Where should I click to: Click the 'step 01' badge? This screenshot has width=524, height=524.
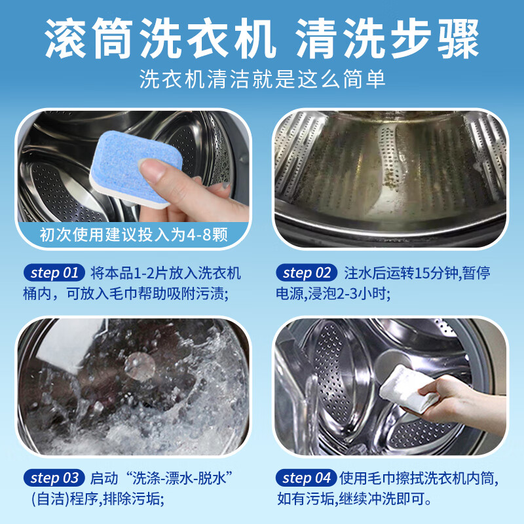pyautogui.click(x=54, y=273)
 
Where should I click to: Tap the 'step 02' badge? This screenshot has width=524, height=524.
pyautogui.click(x=307, y=273)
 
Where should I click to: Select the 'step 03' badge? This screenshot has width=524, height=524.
pyautogui.click(x=54, y=478)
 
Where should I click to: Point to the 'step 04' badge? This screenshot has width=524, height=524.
pyautogui.click(x=307, y=478)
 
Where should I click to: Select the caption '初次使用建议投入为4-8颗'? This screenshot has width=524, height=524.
pyautogui.click(x=134, y=234)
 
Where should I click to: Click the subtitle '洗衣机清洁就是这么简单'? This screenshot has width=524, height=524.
pyautogui.click(x=263, y=79)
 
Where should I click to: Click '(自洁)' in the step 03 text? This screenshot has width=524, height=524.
pyautogui.click(x=50, y=499)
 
